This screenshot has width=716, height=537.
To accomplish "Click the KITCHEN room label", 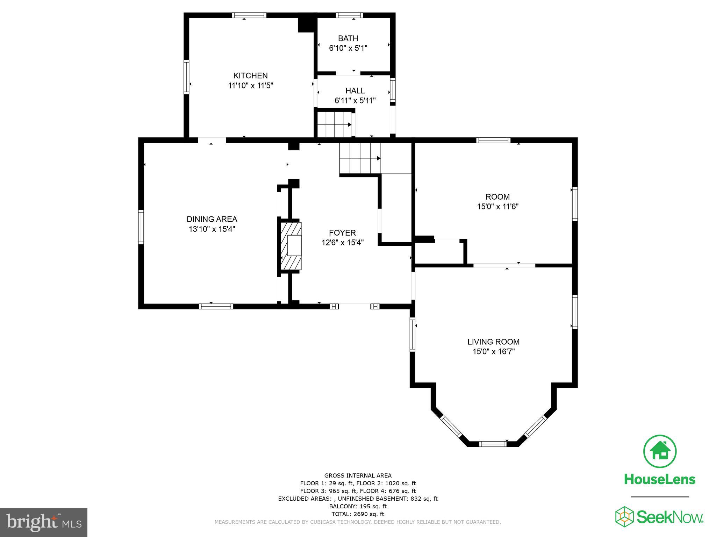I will (250, 76).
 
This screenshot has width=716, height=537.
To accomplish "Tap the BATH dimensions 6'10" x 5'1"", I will (348, 48).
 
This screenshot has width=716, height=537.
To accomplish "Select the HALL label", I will (355, 91).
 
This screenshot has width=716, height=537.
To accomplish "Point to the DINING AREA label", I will (212, 219).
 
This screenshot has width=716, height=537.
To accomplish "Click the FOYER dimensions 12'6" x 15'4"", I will (343, 243).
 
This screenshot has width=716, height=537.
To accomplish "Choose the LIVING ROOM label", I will (493, 342).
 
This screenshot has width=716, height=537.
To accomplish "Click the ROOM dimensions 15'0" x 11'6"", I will (497, 207).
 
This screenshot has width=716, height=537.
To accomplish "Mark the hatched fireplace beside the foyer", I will (290, 246).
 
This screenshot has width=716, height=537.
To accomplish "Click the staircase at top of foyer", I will (360, 158).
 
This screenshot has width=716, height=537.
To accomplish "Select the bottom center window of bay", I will (492, 444).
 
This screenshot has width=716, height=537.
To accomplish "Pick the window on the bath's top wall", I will (349, 15).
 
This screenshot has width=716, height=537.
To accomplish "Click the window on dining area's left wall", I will (141, 227).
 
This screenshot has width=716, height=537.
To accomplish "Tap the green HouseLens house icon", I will (660, 451).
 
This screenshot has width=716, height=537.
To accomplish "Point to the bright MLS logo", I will (44, 522).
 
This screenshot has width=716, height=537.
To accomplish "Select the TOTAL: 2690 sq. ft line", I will (358, 514).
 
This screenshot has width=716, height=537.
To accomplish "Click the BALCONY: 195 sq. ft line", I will (358, 506).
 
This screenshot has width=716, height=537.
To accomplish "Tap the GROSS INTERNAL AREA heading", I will (358, 475).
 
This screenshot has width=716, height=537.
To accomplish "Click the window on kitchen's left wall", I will (186, 77).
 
